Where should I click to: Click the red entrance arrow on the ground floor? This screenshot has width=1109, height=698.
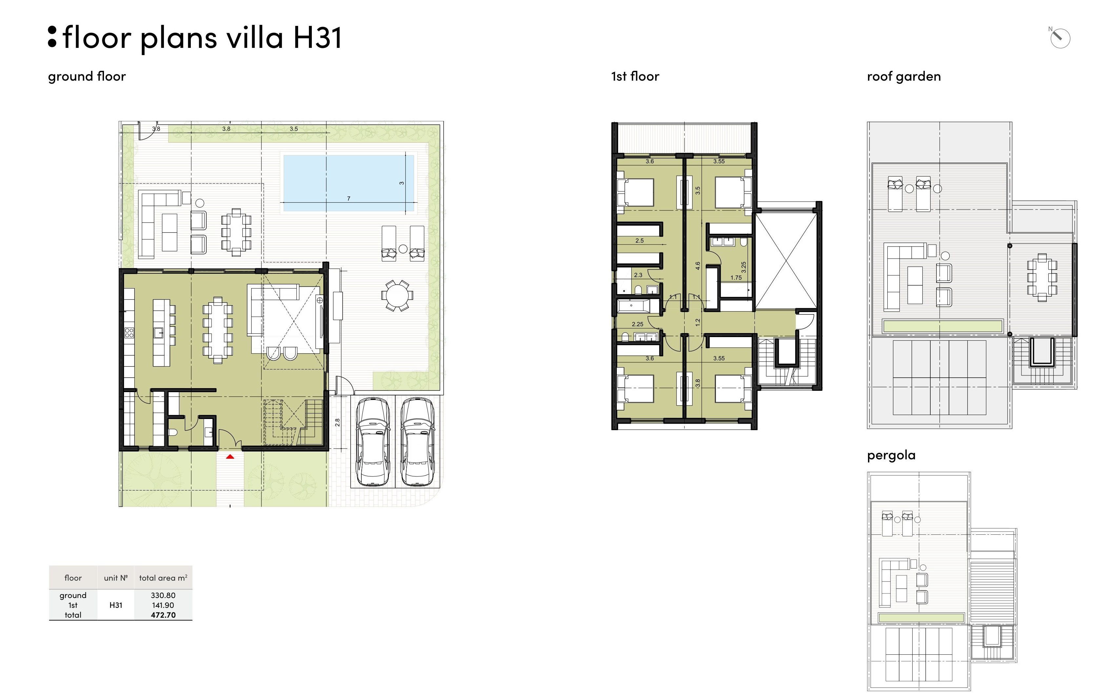[230, 457]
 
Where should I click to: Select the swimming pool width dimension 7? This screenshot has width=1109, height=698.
[349, 198]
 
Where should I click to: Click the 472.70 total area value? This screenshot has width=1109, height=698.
[163, 615]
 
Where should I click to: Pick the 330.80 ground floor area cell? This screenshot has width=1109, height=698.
[163, 595]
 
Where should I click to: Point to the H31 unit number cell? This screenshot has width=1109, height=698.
[116, 605]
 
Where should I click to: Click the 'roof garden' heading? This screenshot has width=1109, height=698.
[904, 76]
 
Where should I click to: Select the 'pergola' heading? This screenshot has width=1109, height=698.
[891, 455]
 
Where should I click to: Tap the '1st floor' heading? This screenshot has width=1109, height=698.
[635, 76]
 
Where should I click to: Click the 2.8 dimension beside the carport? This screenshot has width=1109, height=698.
[337, 422]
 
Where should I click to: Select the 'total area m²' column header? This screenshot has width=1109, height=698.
[163, 578]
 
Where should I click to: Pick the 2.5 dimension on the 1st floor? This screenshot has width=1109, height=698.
[639, 241]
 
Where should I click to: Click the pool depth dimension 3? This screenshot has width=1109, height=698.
[402, 183]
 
